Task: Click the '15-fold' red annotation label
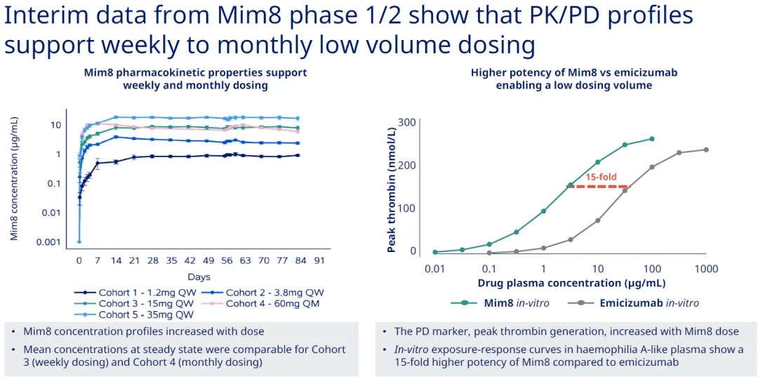(x=601, y=177)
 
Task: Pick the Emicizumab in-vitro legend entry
(x=638, y=303)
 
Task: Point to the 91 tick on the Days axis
(x=319, y=260)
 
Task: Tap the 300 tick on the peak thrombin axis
(x=407, y=122)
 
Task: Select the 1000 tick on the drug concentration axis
(x=706, y=269)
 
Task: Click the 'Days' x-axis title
(x=199, y=277)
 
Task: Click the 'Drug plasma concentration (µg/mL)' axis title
(x=571, y=283)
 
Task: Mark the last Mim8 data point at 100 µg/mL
(x=652, y=139)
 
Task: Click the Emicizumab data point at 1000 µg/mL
(x=706, y=150)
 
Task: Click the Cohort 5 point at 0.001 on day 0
(x=79, y=242)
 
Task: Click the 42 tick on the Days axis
(x=188, y=260)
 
